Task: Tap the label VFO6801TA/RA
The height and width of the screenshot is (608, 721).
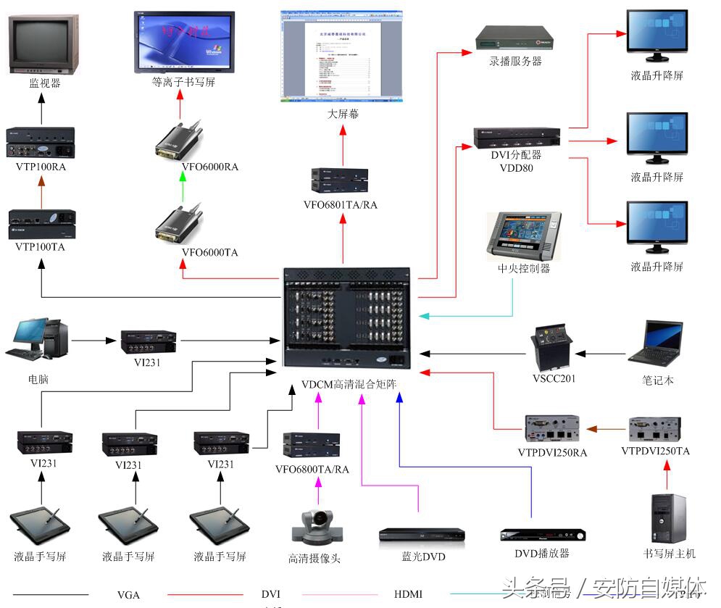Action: tap(341, 205)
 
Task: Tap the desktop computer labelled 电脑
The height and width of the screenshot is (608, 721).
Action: tap(40, 338)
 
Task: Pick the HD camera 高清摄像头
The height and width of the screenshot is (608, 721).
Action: tap(313, 527)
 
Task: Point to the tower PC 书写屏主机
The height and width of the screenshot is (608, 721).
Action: tap(668, 518)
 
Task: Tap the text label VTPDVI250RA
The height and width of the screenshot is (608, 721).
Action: tap(552, 453)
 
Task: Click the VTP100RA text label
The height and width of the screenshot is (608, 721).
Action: tap(41, 167)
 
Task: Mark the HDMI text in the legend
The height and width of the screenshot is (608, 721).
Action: tap(408, 594)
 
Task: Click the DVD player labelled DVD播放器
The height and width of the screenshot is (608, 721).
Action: tap(541, 536)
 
